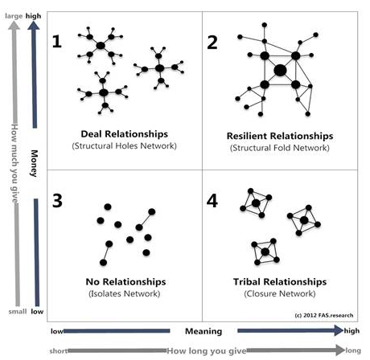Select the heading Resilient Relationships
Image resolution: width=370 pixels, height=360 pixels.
(281, 136)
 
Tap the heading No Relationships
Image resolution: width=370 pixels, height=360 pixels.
(125, 282)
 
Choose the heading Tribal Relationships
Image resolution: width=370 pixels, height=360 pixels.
(281, 282)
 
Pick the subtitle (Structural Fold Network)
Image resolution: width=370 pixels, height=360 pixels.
(281, 148)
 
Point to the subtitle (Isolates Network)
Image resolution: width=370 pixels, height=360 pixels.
(125, 294)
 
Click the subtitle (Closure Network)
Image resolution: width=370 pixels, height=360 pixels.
(281, 294)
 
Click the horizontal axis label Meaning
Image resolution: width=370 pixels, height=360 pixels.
(203, 331)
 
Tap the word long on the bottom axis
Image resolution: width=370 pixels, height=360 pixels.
(353, 350)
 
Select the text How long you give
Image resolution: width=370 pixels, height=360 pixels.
(203, 350)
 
